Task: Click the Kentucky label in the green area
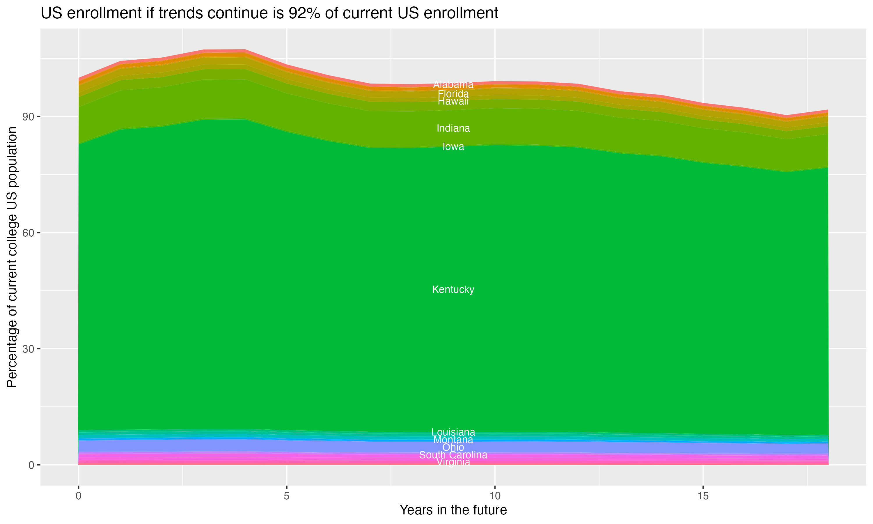[453, 290]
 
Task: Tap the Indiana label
[453, 128]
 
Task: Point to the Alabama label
[453, 85]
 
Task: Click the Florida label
[453, 94]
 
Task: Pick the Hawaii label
[453, 102]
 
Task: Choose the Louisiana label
[453, 432]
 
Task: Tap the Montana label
[453, 440]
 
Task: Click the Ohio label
[453, 447]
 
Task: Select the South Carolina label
[453, 455]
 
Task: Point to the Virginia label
[453, 462]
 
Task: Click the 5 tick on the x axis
[287, 496]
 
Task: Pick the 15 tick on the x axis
[703, 496]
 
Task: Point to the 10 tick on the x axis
[495, 496]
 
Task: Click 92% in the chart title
[302, 13]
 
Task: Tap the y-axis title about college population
[12, 257]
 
